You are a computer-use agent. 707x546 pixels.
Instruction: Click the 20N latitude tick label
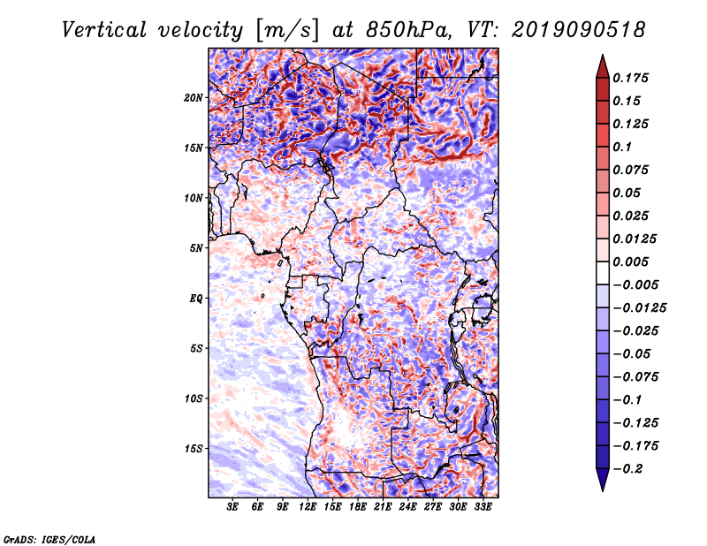pyautogui.click(x=194, y=97)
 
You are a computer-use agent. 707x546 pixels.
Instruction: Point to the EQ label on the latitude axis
pyautogui.click(x=195, y=298)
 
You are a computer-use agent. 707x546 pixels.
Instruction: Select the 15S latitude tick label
pyautogui.click(x=194, y=448)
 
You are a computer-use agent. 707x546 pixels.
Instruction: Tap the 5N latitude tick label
pyautogui.click(x=196, y=247)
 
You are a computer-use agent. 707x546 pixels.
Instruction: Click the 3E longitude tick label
pyautogui.click(x=233, y=507)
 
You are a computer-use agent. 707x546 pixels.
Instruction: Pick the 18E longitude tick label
pyautogui.click(x=359, y=507)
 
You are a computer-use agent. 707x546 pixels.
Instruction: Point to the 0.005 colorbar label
pyautogui.click(x=633, y=262)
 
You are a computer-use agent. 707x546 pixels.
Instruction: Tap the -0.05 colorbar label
pyautogui.click(x=631, y=353)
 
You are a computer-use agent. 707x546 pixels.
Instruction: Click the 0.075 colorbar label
pyautogui.click(x=633, y=170)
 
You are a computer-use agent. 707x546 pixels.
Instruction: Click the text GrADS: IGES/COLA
pyautogui.click(x=49, y=538)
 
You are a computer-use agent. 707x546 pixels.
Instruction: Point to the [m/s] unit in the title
pyautogui.click(x=287, y=30)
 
